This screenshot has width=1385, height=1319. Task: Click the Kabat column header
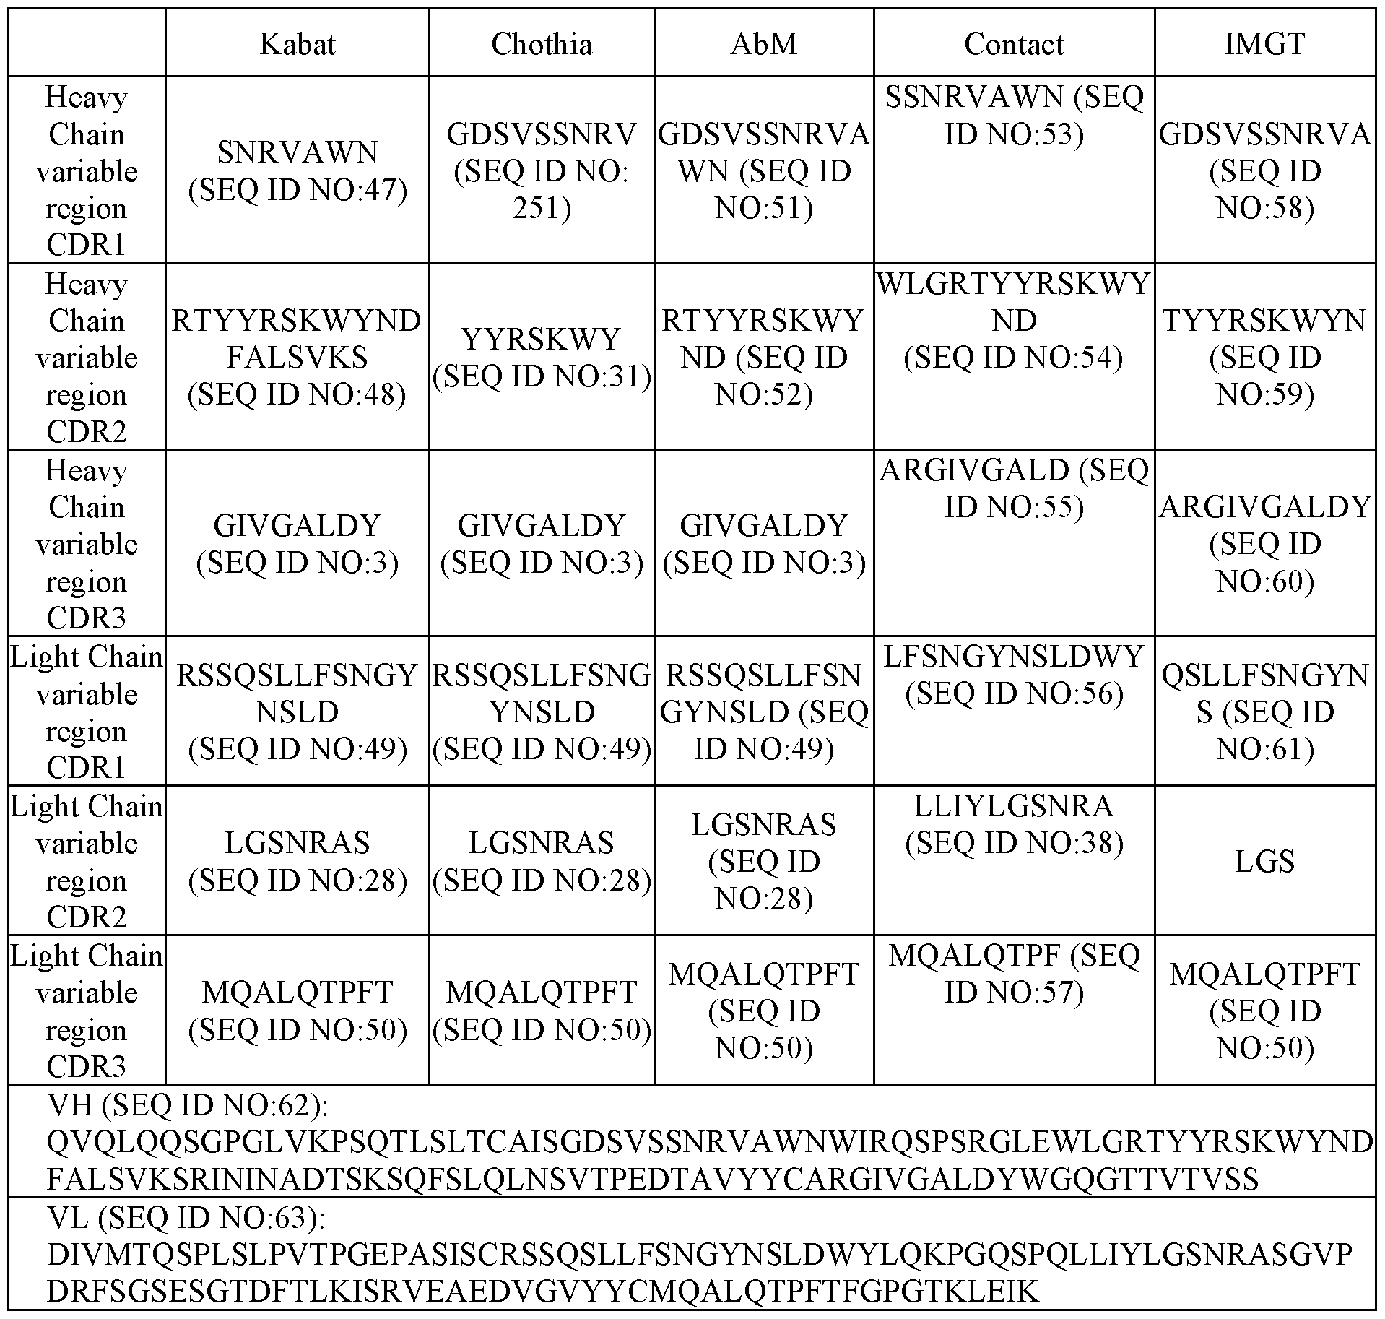(x=297, y=44)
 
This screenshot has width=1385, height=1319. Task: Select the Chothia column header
(x=542, y=44)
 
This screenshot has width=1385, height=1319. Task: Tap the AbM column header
(x=764, y=44)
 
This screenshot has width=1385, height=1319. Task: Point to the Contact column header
(x=1014, y=44)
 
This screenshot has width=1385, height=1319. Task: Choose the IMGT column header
(x=1265, y=44)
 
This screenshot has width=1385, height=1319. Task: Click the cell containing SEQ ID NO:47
(x=297, y=170)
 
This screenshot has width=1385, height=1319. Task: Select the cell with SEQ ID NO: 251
(x=542, y=170)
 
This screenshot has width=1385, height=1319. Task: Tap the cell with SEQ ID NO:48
(x=297, y=357)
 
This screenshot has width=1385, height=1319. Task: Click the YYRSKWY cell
(x=542, y=357)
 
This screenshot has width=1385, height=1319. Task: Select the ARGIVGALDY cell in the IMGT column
(x=1265, y=543)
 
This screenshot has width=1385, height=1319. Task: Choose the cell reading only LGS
(x=1265, y=861)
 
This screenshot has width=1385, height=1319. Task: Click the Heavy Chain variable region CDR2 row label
(x=87, y=357)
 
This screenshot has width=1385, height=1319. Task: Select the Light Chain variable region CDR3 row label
(x=87, y=1010)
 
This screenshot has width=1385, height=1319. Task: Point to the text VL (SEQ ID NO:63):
(x=186, y=1218)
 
